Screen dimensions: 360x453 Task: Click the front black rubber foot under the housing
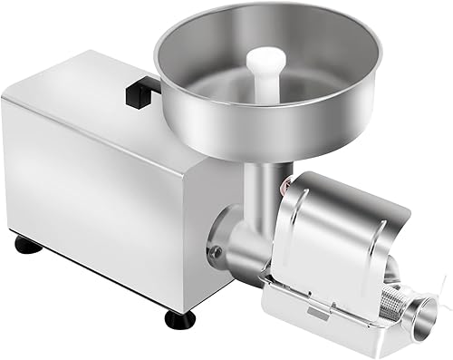(x=178, y=319)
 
